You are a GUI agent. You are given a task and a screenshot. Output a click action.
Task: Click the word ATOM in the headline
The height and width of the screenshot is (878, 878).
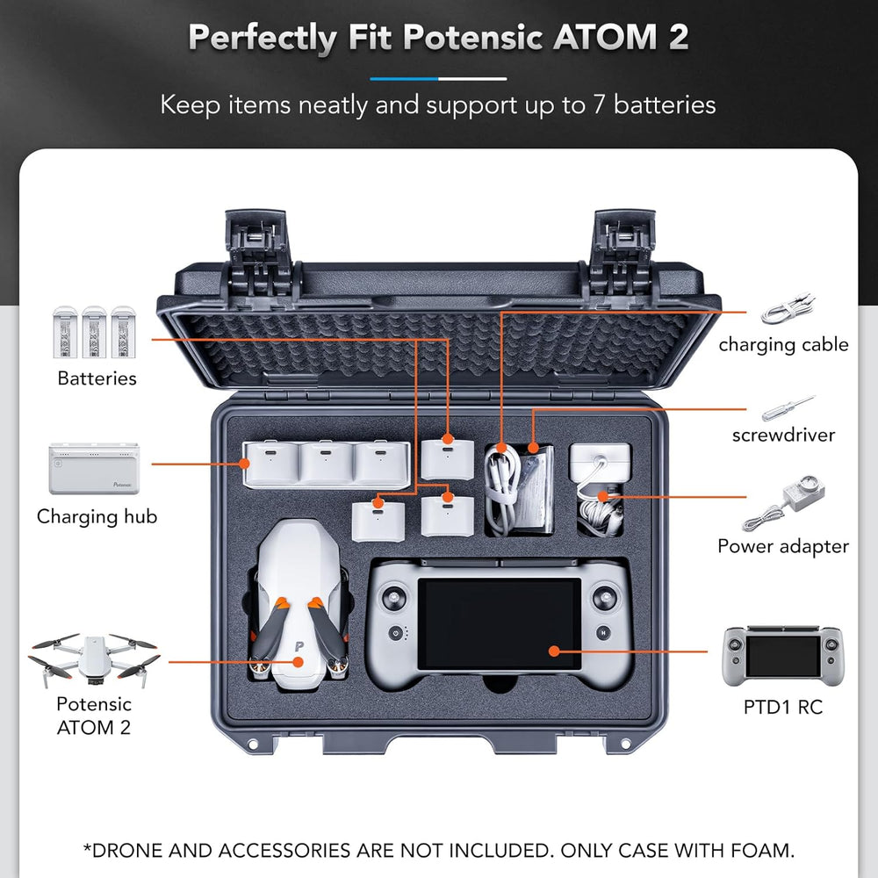[605, 37]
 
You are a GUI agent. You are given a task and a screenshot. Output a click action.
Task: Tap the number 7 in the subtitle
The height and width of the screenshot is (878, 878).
[599, 104]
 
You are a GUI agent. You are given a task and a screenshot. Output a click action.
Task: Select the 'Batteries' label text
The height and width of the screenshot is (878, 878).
[97, 378]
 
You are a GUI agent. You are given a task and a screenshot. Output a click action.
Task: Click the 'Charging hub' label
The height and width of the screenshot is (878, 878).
[97, 517]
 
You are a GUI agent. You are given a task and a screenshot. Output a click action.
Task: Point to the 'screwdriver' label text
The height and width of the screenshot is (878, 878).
[783, 435]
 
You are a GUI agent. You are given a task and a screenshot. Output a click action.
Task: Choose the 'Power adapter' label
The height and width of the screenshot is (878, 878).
[783, 546]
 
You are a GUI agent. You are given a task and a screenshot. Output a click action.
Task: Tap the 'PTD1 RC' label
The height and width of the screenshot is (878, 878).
[783, 707]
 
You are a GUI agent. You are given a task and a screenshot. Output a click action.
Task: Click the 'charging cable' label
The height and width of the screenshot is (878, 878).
[783, 345]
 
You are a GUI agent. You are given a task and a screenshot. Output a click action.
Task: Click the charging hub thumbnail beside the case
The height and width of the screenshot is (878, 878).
[94, 469]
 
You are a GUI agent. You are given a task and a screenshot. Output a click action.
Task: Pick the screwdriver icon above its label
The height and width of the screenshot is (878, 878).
[788, 407]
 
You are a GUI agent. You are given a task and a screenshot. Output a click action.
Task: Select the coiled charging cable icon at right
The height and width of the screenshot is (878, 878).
[788, 309]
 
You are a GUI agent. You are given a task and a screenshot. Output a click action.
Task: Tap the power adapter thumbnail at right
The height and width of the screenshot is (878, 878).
[783, 503]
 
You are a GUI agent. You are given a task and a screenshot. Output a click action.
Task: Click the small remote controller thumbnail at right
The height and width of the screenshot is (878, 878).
[783, 656]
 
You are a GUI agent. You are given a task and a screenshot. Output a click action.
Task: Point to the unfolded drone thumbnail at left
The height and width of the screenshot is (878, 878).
[94, 659]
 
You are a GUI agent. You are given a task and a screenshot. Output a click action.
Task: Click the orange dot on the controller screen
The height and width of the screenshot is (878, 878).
[554, 651]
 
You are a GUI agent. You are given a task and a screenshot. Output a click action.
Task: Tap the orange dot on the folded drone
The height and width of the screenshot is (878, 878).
[299, 662]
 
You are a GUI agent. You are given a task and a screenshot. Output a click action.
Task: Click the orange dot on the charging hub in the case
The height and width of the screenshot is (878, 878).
[244, 463]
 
